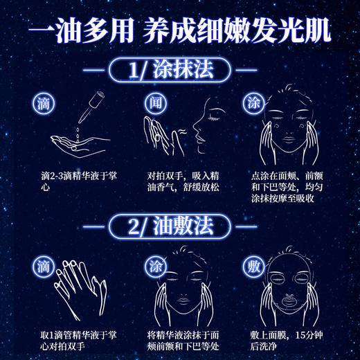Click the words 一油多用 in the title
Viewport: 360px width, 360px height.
tap(82, 31)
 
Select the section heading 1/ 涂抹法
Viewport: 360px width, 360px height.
tap(179, 71)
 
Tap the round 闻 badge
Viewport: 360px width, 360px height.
tap(154, 102)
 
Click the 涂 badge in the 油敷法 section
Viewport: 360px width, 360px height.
tap(154, 265)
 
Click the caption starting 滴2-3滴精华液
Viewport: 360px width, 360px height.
tap(71, 181)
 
